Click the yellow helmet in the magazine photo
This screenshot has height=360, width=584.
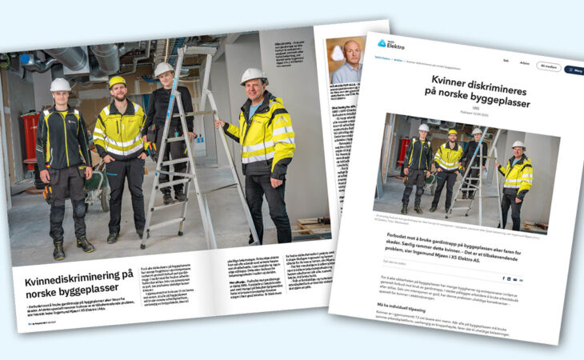tap(118, 81)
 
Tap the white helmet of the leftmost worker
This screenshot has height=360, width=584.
tap(61, 85)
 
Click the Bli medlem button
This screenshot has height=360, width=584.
tap(549, 66)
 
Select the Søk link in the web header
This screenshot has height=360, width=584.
tap(506, 60)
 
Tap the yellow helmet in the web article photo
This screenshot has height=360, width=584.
tap(452, 132)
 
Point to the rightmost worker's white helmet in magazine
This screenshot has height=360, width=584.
tap(253, 76)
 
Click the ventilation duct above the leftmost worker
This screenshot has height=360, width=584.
tap(72, 58)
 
